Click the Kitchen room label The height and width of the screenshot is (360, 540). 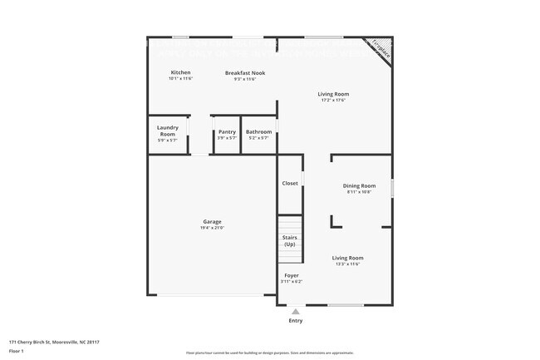(x=180, y=72)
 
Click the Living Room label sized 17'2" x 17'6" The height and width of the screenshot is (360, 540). (x=332, y=94)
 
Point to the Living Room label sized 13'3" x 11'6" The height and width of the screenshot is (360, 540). (x=347, y=258)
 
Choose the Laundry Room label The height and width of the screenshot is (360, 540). (x=168, y=131)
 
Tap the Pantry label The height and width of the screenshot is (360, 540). (x=226, y=131)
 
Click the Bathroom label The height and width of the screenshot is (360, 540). (x=258, y=131)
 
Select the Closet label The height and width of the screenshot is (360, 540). (x=290, y=183)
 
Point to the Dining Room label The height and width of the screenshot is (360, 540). (x=359, y=185)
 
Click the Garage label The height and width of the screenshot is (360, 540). (x=212, y=221)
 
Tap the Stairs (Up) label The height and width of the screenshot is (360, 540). (x=289, y=241)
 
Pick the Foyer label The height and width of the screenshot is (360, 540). (x=291, y=275)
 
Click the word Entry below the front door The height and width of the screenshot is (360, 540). (x=296, y=320)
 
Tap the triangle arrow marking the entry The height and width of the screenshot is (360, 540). (x=296, y=311)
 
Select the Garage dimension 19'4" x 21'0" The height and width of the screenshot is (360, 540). (x=212, y=227)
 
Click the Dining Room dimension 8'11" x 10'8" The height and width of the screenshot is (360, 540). (x=359, y=192)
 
